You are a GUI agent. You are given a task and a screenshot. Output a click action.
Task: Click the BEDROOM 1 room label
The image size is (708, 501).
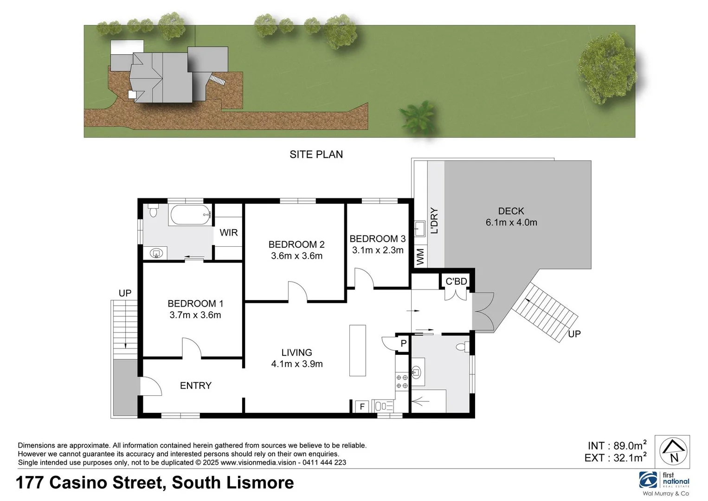(x=195, y=303)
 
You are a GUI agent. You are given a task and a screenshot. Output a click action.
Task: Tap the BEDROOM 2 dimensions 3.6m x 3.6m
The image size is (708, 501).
(x=296, y=256)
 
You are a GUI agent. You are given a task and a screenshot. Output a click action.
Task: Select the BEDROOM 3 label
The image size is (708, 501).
(x=377, y=238)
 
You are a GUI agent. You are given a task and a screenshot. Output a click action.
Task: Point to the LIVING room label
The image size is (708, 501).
(x=296, y=353)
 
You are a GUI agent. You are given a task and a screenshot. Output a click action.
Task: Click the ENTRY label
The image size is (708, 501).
(x=195, y=385)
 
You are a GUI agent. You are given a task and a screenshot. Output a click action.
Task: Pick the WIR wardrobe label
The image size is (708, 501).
(x=228, y=232)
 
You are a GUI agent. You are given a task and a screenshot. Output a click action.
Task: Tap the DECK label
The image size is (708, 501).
(x=511, y=211)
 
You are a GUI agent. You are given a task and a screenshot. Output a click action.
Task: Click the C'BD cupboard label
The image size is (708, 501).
(x=456, y=282)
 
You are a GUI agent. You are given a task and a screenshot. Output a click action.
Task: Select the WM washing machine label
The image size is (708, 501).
(x=420, y=257)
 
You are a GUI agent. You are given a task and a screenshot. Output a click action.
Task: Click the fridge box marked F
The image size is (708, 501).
(x=362, y=407)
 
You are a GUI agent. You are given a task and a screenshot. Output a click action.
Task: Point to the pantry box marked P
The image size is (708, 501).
(x=403, y=344)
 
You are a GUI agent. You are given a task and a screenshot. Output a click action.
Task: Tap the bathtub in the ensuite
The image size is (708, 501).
(x=191, y=215)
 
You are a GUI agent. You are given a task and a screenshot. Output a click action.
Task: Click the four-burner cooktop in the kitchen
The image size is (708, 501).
(x=402, y=381)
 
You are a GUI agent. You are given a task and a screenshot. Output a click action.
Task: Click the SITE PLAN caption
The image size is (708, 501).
(x=316, y=154)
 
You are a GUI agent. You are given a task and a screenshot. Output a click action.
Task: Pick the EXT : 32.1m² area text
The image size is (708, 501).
(x=615, y=458)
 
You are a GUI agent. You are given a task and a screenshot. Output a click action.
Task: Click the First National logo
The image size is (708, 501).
(x=664, y=480)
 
